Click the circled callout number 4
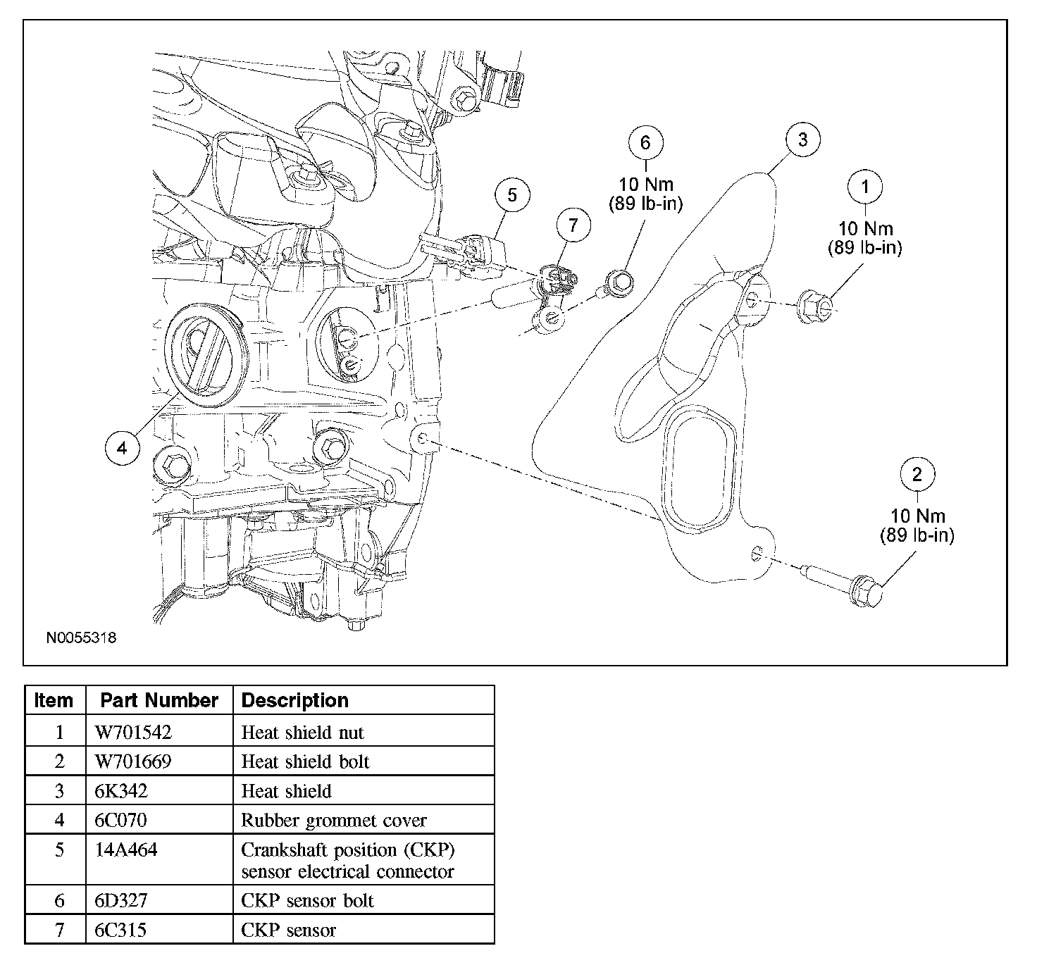[122, 448]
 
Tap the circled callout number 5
[511, 195]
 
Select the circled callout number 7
[573, 225]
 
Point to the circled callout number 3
[802, 139]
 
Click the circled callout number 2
[917, 474]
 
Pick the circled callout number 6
[645, 142]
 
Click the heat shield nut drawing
[814, 305]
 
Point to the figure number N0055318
[81, 637]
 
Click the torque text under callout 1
[864, 237]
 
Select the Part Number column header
[159, 700]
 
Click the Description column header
[294, 700]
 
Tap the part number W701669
[133, 761]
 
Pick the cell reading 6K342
[121, 791]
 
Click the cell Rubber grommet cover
[334, 820]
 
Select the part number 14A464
[126, 850]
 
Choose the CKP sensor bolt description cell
[308, 900]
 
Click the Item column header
[54, 700]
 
